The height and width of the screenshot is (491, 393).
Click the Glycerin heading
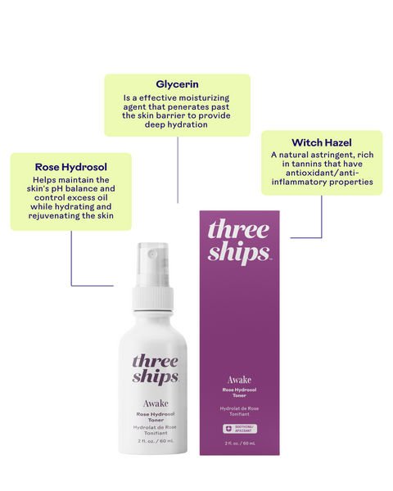coord(177,83)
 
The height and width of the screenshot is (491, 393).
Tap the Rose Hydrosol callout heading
coord(71,166)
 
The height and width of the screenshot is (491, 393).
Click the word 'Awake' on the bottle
coord(155,403)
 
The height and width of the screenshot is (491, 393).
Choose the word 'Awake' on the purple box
coord(239,380)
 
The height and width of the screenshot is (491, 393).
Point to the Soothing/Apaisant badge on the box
coord(239,428)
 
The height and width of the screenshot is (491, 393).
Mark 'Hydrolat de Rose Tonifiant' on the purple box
coord(239,411)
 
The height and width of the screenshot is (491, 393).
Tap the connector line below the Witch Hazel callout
coord(321,217)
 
